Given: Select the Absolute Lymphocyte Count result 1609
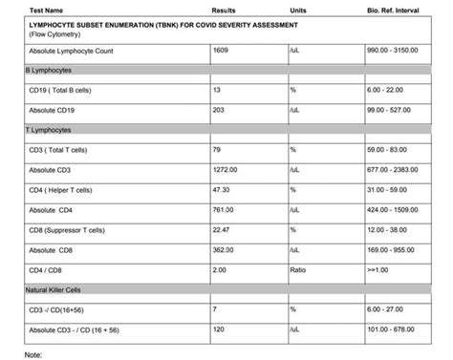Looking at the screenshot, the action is (x=222, y=48).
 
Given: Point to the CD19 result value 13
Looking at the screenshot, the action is (x=218, y=89).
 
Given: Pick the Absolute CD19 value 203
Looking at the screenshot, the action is (x=220, y=109).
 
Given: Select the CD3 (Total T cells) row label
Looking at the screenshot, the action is (x=62, y=149).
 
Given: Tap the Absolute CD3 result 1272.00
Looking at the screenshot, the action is (x=226, y=169).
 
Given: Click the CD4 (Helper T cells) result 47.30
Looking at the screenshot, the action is (x=223, y=189).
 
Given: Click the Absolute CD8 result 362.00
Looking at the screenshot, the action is (x=225, y=249).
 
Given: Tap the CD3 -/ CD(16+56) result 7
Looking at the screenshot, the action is (x=216, y=309).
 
